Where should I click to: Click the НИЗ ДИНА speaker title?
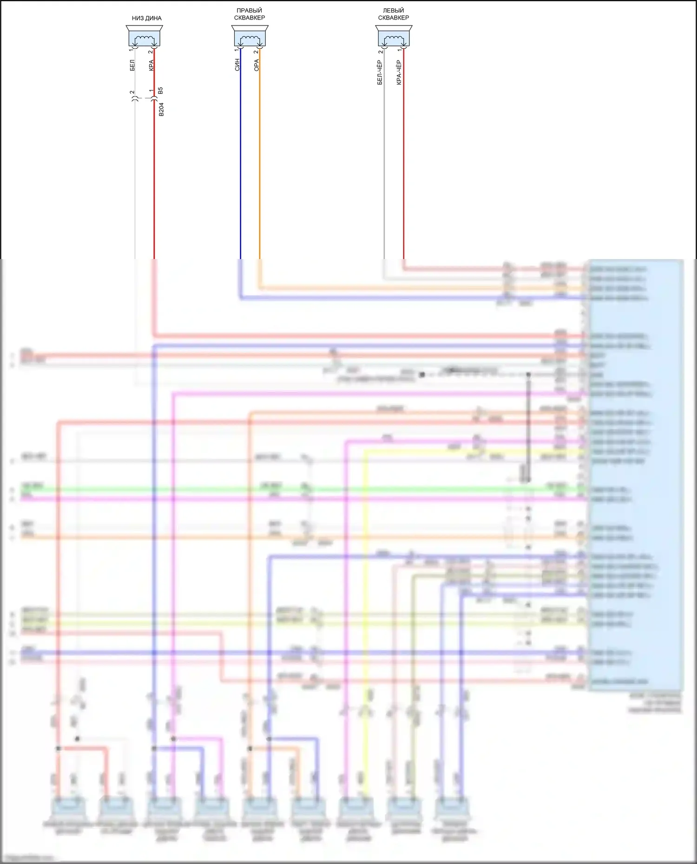click(146, 19)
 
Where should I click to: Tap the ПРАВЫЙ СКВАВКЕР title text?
click(250, 14)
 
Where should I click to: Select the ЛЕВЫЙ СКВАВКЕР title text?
click(393, 14)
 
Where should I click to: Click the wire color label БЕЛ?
click(132, 65)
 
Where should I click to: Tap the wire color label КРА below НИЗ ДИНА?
click(151, 65)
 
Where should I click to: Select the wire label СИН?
click(237, 65)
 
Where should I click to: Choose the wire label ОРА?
click(256, 65)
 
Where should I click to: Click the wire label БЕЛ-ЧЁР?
click(380, 72)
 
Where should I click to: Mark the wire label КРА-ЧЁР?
click(399, 72)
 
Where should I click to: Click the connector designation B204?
click(161, 110)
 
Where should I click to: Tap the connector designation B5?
click(161, 91)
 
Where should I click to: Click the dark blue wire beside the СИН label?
click(241, 162)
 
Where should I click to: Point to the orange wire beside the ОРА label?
click(260, 162)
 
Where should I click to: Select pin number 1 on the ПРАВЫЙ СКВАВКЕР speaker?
click(237, 51)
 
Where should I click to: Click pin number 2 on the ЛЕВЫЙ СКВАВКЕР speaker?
click(381, 51)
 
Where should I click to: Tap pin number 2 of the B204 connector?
click(132, 92)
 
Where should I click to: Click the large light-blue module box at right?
click(636, 474)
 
